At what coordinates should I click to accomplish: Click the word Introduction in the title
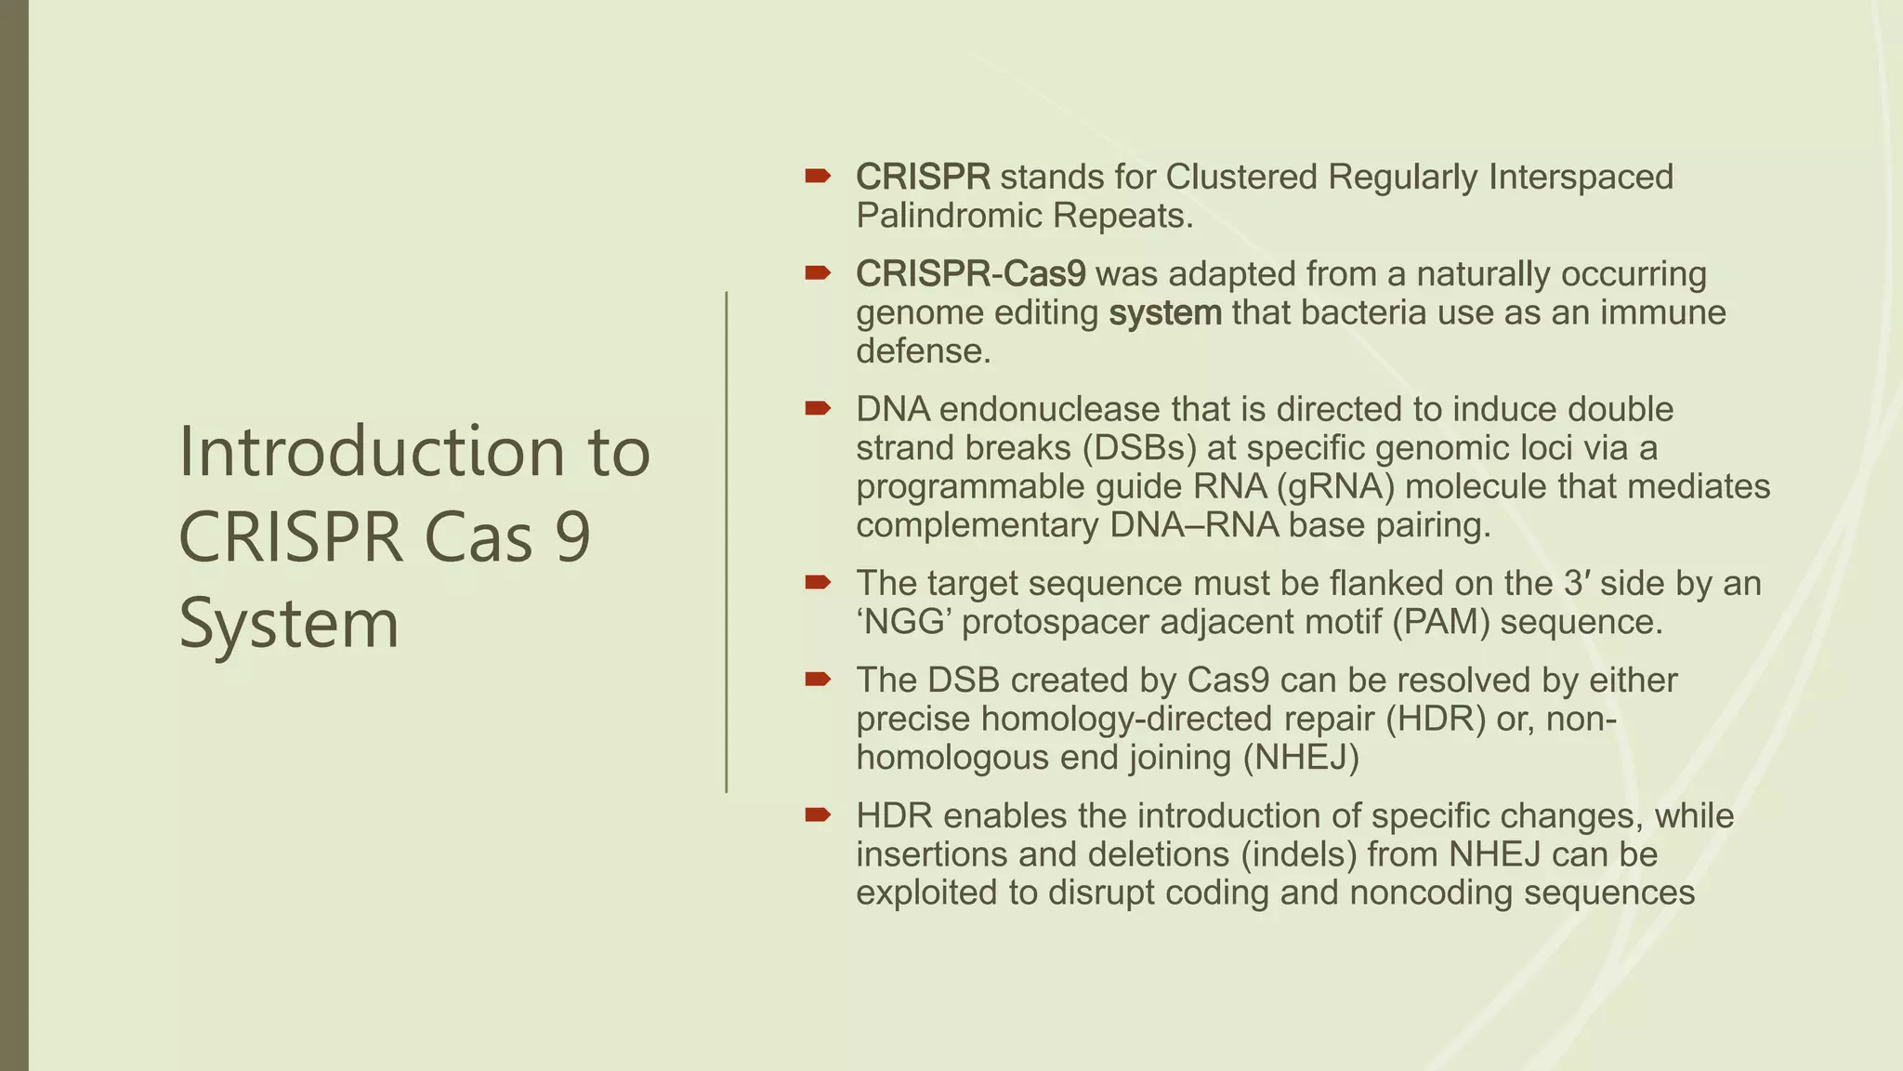click(x=371, y=452)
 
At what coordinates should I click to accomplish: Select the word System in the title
click(x=288, y=624)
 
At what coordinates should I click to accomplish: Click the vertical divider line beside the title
click(x=727, y=541)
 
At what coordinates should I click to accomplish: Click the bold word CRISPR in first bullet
click(x=923, y=177)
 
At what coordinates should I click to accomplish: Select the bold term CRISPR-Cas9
click(x=970, y=274)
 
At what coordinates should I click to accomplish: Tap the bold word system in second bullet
click(x=1165, y=312)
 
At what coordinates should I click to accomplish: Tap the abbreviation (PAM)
click(x=1440, y=622)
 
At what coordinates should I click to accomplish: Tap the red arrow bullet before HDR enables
click(x=817, y=815)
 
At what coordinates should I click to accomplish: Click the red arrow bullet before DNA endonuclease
click(x=817, y=409)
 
